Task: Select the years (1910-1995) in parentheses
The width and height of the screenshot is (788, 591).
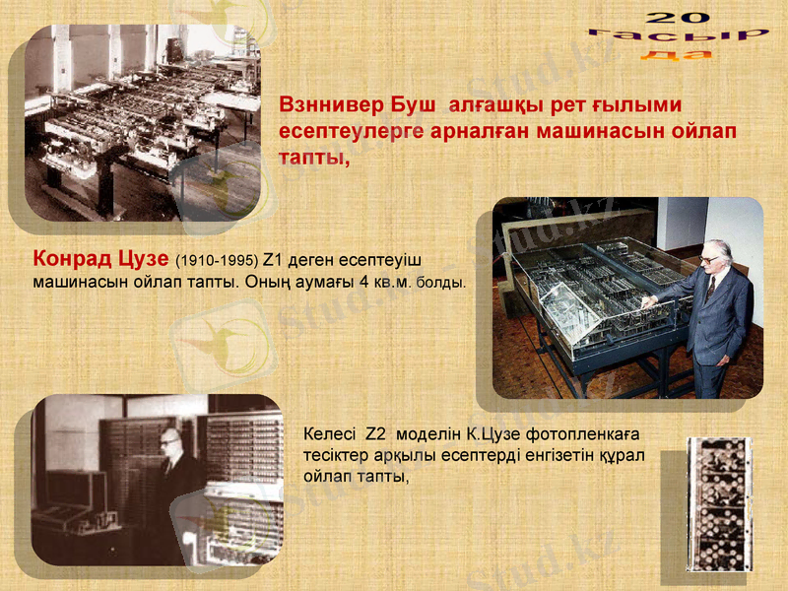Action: click(217, 262)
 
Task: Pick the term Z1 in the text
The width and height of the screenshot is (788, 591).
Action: click(274, 261)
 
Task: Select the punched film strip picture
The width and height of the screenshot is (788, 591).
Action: click(719, 504)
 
